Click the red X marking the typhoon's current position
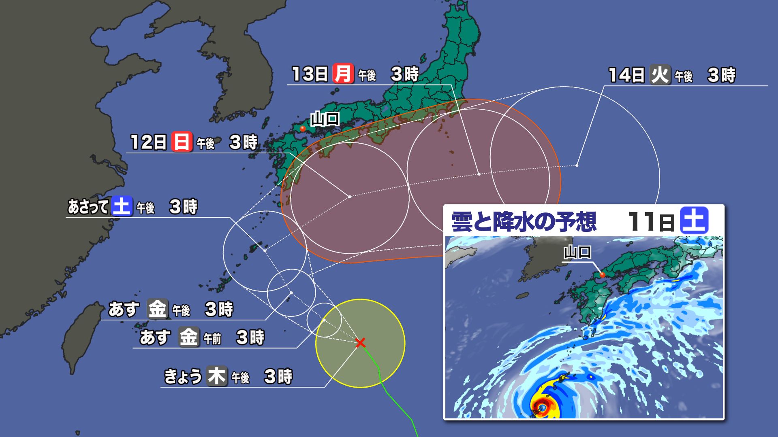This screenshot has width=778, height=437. pyautogui.click(x=360, y=343)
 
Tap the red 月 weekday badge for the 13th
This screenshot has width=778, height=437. pyautogui.click(x=343, y=74)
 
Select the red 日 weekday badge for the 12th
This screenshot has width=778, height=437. pyautogui.click(x=181, y=142)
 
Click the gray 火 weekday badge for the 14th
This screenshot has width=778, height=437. pyautogui.click(x=660, y=75)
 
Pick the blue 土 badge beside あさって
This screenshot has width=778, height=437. pyautogui.click(x=122, y=206)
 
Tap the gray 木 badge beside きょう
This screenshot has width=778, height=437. pyautogui.click(x=216, y=376)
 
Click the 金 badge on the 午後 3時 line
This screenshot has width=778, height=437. pyautogui.click(x=157, y=310)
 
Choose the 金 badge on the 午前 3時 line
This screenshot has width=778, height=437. pyautogui.click(x=188, y=337)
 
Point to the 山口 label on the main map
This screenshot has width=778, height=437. pyautogui.click(x=325, y=119)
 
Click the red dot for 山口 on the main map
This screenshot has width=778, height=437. pyautogui.click(x=302, y=129)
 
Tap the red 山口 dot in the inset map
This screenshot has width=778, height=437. pyautogui.click(x=602, y=275)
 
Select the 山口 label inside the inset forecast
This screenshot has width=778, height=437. pyautogui.click(x=577, y=252)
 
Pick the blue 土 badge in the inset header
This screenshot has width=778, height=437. pyautogui.click(x=695, y=221)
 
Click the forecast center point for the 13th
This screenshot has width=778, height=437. pyautogui.click(x=479, y=174)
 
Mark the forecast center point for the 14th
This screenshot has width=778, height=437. pyautogui.click(x=577, y=165)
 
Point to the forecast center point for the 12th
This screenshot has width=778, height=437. pyautogui.click(x=350, y=197)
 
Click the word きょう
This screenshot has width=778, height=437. pyautogui.click(x=182, y=377)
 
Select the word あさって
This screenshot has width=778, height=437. pyautogui.click(x=88, y=207)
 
